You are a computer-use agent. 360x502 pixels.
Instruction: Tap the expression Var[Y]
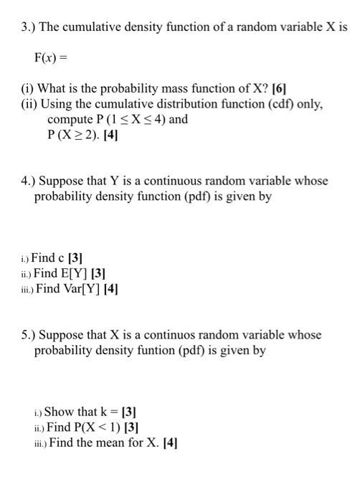[x=83, y=289]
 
